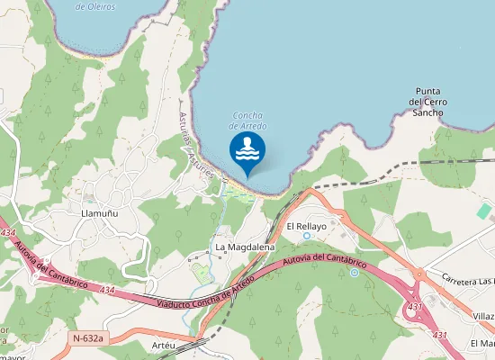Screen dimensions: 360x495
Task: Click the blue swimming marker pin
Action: point(247,152)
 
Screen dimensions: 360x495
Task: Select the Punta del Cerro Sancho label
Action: point(427,102)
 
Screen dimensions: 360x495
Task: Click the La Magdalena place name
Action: point(244,247)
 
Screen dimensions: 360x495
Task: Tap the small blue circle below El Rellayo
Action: point(306,236)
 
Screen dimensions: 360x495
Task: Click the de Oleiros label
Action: point(94,5)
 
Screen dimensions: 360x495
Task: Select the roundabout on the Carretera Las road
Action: point(418,274)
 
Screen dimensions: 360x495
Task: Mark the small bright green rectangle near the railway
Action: point(484,211)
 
